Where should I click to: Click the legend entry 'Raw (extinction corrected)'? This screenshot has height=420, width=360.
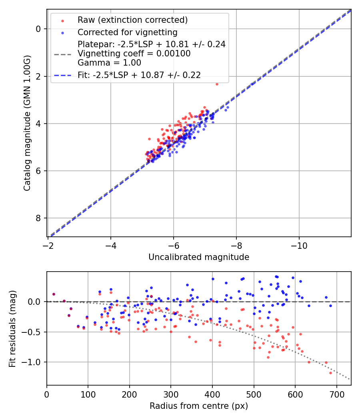point(132,20)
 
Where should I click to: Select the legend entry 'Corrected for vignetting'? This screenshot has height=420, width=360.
point(127,32)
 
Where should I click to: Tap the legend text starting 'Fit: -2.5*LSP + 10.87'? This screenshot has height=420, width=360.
point(139,75)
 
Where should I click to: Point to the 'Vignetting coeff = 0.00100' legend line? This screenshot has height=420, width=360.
point(134,53)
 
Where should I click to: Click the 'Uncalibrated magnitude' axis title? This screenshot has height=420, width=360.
point(199,257)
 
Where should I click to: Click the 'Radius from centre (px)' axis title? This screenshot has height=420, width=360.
point(199,406)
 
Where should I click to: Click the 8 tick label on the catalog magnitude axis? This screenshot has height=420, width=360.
point(38,218)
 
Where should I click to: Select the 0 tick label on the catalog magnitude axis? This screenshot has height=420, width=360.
point(38,29)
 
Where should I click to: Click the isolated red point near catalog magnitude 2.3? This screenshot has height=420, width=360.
point(217,84)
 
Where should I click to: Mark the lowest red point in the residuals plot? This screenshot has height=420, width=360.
point(330,373)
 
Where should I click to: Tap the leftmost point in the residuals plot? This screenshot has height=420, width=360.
point(54,294)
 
